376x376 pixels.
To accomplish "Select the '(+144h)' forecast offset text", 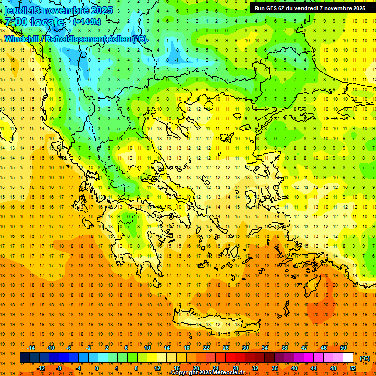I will point(87,22).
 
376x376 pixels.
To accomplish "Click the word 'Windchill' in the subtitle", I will point(23,39).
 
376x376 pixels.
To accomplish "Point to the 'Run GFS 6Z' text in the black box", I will point(272,8).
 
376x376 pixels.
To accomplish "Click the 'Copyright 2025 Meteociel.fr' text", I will point(208,373).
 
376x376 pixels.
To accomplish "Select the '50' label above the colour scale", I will point(343,348).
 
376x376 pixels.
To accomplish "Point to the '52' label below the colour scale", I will point(353,368).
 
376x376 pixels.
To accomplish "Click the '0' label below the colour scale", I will point(97,368).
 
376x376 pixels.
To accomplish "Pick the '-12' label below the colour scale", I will point(41,368).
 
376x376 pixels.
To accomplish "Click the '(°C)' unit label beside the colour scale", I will point(365,358).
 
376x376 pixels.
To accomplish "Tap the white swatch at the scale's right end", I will point(348,358).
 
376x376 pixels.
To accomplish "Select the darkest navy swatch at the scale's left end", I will point(24,358).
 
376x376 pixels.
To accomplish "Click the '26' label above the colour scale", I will point(226,348).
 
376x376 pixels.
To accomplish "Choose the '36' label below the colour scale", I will point(275,368).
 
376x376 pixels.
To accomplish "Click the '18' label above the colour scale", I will point(187,348).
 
